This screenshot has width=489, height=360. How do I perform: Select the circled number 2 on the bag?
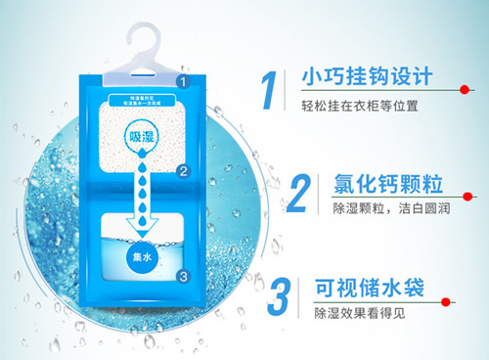[182, 172]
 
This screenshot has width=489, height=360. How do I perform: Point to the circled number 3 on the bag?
[182, 276]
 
